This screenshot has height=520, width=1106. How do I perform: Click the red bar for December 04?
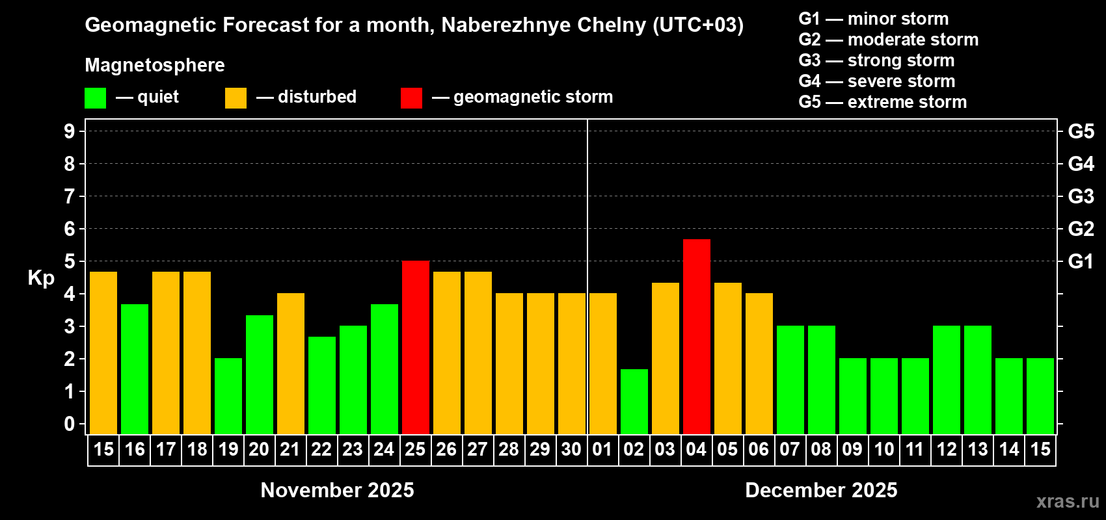click(696, 337)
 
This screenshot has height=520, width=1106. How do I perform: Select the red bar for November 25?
click(415, 348)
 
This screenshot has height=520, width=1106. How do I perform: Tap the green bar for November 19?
click(228, 396)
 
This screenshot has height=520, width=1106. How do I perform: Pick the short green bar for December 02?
click(634, 402)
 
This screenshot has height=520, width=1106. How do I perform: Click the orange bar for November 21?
click(290, 364)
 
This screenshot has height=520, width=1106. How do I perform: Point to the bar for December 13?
click(977, 380)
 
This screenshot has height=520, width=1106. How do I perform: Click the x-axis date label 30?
click(571, 450)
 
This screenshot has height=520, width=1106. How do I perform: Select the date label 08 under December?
click(821, 450)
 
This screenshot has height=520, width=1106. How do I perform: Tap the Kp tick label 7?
click(70, 196)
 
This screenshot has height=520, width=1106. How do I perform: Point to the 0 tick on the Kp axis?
click(70, 424)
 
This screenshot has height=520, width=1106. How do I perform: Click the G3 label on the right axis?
click(1081, 196)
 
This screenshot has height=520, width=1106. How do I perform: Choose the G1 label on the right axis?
click(1081, 261)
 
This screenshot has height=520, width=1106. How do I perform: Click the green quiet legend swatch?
click(95, 98)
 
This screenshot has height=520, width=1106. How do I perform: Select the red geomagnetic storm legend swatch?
click(411, 98)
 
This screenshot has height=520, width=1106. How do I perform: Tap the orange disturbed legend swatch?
click(236, 98)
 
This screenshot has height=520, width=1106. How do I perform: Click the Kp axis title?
click(41, 278)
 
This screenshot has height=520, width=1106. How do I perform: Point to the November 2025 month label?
click(337, 490)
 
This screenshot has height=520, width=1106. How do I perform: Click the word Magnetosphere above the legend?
click(155, 65)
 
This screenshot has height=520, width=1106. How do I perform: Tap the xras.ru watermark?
click(1068, 501)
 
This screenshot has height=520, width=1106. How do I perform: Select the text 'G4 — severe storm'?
click(877, 81)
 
